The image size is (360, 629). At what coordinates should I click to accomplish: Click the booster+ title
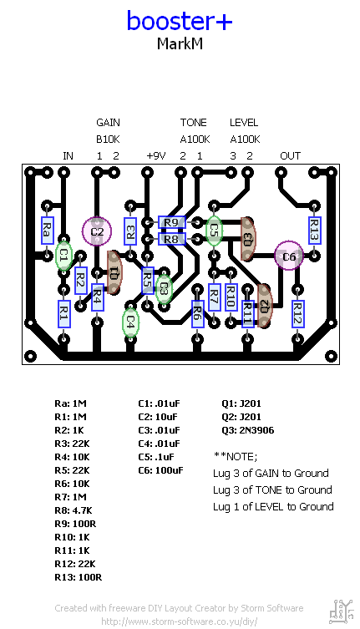[x=180, y=21]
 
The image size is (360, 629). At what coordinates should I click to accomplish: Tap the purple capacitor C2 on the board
[x=97, y=231]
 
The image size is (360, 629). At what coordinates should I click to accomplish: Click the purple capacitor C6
[x=289, y=257]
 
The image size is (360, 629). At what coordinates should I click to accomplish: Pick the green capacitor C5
[x=214, y=228]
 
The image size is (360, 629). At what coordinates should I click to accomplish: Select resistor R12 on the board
[x=297, y=313]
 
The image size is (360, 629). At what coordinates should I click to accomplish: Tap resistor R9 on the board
[x=171, y=222]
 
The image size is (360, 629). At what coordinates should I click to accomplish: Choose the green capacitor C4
[x=130, y=322]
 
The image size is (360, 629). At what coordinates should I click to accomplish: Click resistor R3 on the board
[x=130, y=230]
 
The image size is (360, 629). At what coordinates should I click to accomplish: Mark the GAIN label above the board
[x=108, y=123]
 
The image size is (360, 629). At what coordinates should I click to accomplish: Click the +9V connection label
[x=156, y=156]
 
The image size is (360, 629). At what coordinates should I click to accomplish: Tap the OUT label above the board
[x=290, y=156]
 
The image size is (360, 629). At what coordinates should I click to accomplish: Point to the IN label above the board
[x=68, y=156]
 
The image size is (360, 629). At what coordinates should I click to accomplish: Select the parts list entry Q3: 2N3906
[x=248, y=430]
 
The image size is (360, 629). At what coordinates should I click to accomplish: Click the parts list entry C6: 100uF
[x=160, y=470]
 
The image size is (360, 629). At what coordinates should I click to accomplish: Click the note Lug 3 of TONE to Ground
[x=272, y=490]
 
